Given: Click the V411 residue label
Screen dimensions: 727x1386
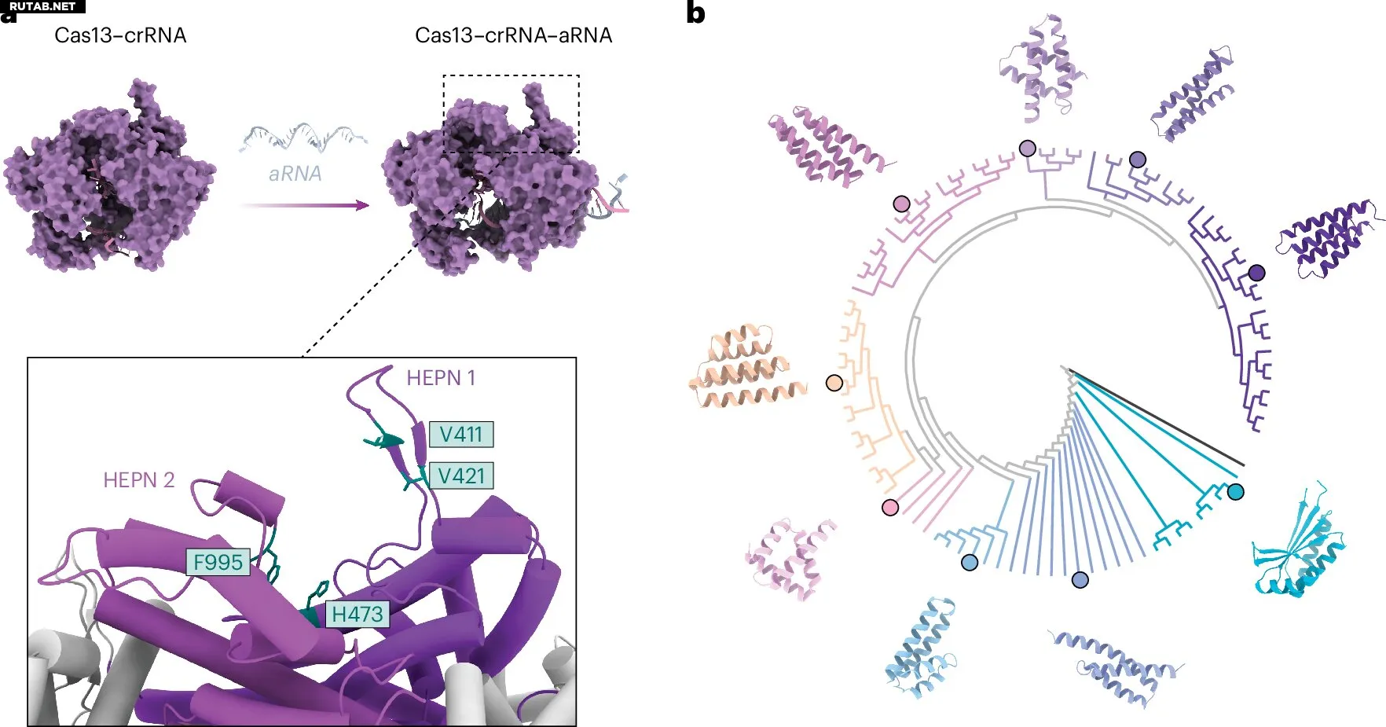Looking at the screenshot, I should pyautogui.click(x=460, y=435).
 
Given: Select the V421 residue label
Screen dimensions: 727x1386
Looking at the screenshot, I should pyautogui.click(x=460, y=475).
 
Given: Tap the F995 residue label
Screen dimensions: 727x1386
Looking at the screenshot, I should pyautogui.click(x=218, y=562).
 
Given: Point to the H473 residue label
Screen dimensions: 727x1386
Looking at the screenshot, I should pyautogui.click(x=357, y=614).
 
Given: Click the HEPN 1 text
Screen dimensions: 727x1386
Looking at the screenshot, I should pyautogui.click(x=441, y=378).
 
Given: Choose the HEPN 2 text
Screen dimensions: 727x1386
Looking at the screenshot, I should pyautogui.click(x=139, y=479).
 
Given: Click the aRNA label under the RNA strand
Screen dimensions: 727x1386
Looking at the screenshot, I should pyautogui.click(x=295, y=174).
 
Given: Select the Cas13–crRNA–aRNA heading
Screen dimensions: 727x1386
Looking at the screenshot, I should pyautogui.click(x=513, y=35).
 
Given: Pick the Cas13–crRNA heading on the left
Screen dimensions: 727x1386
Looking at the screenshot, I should pyautogui.click(x=120, y=35).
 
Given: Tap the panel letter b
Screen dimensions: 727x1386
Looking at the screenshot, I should pyautogui.click(x=695, y=13).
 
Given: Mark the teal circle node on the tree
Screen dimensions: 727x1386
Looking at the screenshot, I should pyautogui.click(x=1236, y=493).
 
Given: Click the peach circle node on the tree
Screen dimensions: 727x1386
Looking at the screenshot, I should pyautogui.click(x=834, y=383).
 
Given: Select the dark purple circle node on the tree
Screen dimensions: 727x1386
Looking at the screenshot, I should pyautogui.click(x=1256, y=273).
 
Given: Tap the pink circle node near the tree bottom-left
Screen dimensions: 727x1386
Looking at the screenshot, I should pyautogui.click(x=890, y=507).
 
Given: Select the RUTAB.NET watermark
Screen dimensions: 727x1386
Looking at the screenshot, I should pyautogui.click(x=42, y=6).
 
